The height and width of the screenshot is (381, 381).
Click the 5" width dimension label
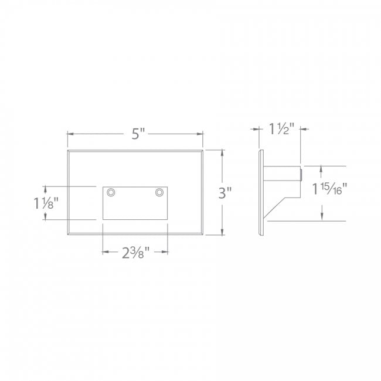click(x=137, y=134)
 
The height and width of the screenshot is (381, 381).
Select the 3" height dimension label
click(x=225, y=193)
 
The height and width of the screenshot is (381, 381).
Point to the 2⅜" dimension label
click(x=135, y=253)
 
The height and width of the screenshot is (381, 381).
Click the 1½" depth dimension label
click(x=281, y=129)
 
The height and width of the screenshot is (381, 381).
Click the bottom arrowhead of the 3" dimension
click(x=222, y=233)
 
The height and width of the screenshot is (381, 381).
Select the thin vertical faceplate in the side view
click(x=261, y=193)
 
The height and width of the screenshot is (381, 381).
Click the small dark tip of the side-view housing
click(x=301, y=174)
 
